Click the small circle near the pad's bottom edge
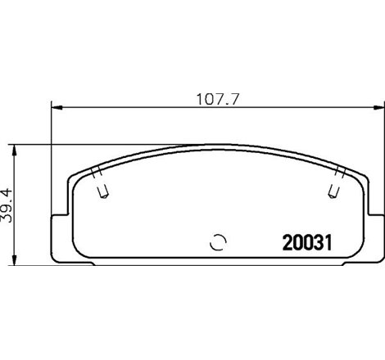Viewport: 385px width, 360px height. click(x=217, y=241)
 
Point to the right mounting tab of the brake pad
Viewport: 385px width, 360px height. click(x=370, y=237)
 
